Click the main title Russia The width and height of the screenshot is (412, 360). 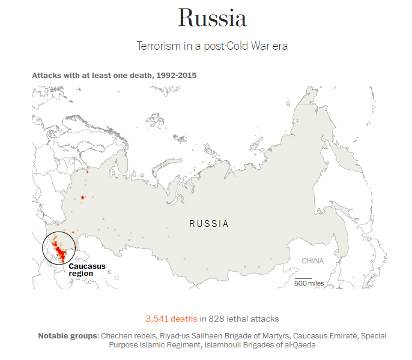(x=212, y=19)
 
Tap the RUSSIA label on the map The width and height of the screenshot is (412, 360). (x=209, y=224)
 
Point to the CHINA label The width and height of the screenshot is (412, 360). (x=312, y=261)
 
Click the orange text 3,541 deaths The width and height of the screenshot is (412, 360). (x=171, y=319)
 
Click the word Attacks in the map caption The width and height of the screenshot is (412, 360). (x=46, y=76)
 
